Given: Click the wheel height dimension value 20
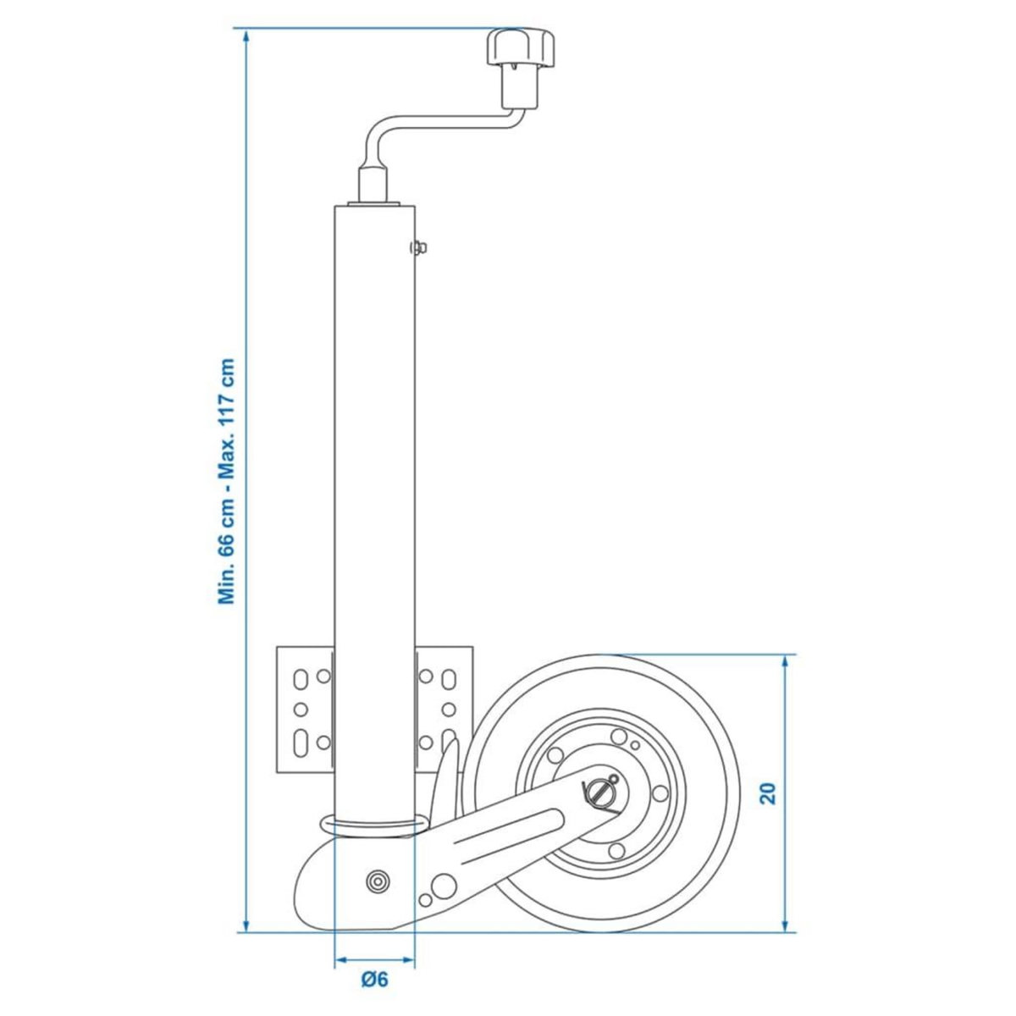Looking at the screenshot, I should [768, 792].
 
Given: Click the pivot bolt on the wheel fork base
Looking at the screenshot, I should [374, 881].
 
